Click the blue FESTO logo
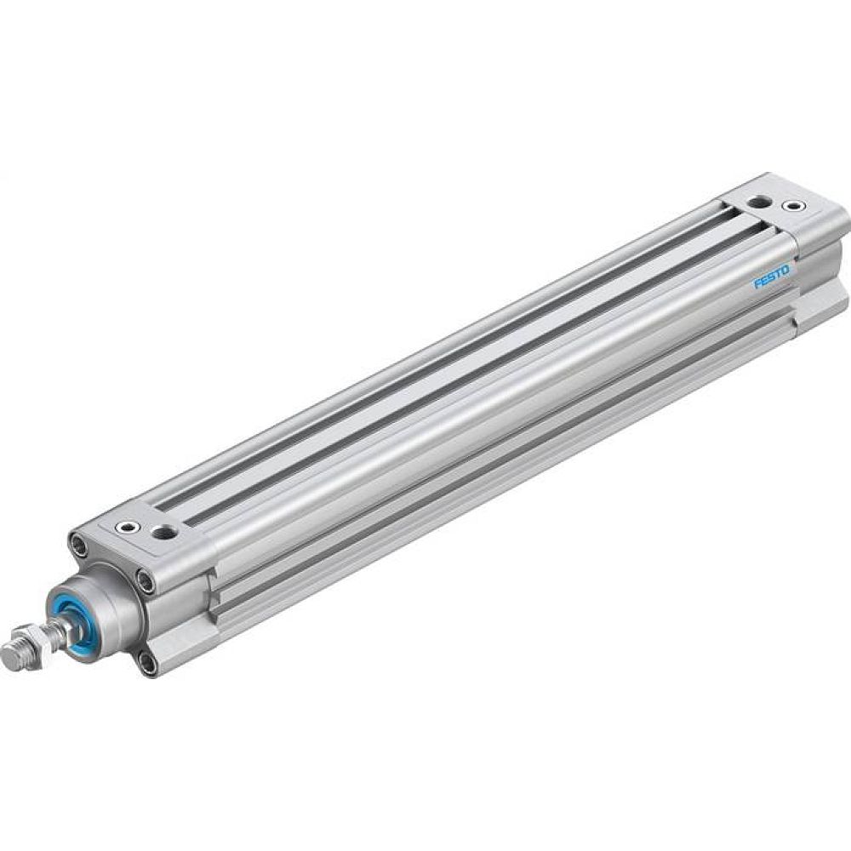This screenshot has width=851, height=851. (771, 277)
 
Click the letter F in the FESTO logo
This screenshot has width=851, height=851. (757, 285)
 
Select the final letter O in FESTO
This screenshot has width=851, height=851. (785, 271)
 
